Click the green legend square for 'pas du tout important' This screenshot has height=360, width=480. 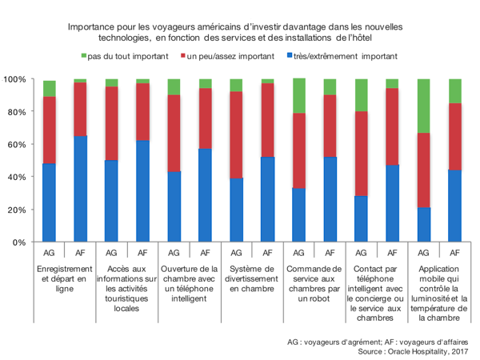pos(83,56)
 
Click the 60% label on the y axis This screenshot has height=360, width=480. pos(18,144)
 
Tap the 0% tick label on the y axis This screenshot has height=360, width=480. pos(20,242)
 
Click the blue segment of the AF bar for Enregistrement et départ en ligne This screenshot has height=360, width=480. pos(80,189)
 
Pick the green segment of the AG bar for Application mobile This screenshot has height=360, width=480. pos(423,106)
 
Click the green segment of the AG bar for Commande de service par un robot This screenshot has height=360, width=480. pos(298,96)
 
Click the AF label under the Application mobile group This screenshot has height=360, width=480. pos(454,251)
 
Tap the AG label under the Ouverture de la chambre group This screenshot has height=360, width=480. pos(174,251)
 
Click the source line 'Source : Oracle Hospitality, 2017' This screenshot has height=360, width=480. pos(413,350)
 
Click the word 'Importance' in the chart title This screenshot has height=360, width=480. pos(94,26)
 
